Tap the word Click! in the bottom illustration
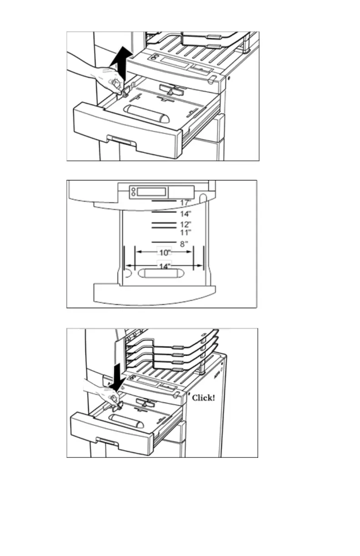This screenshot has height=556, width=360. pos(203,398)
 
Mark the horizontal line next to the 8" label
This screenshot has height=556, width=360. pos(163,242)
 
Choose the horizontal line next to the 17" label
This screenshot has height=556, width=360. pos(163,200)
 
